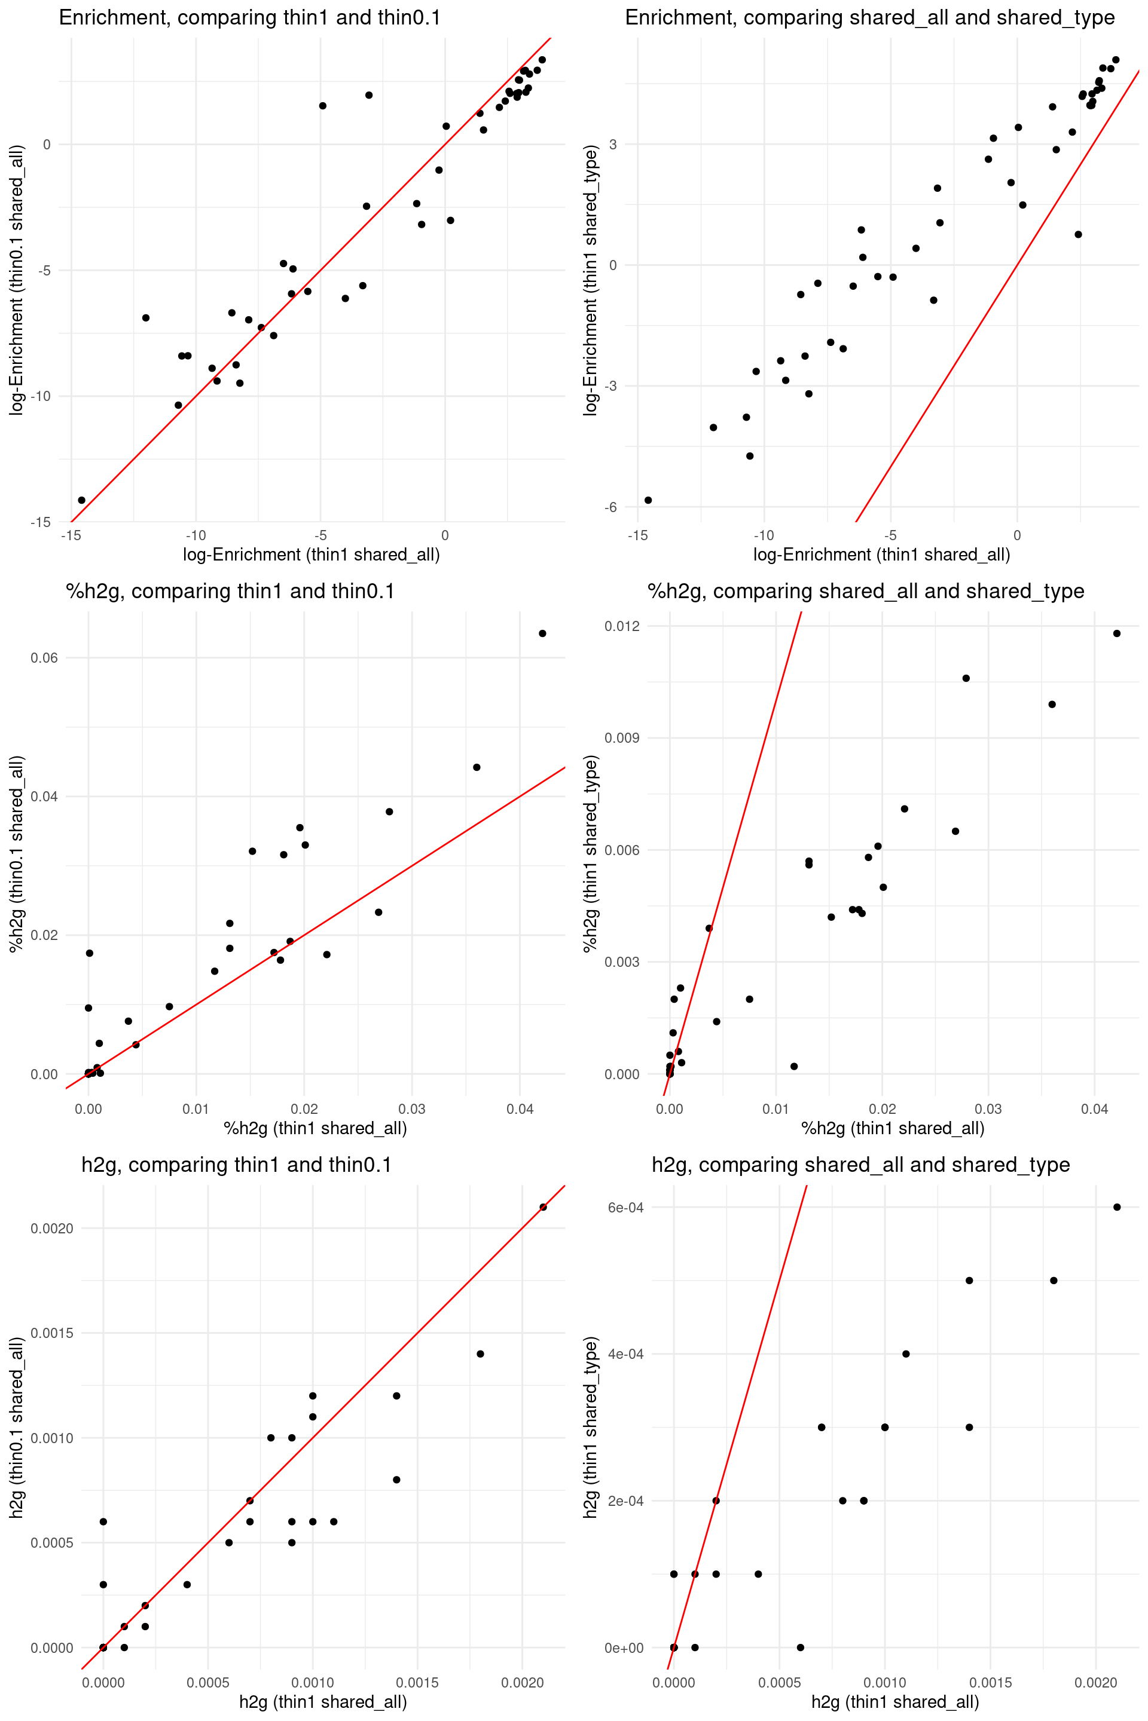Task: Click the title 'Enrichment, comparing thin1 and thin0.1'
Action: pos(250,17)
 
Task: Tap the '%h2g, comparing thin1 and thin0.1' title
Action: pos(230,591)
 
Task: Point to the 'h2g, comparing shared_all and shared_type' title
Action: pos(860,1165)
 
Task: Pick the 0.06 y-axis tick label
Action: pos(44,658)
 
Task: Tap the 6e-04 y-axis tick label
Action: pos(625,1207)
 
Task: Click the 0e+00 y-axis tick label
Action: pos(624,1648)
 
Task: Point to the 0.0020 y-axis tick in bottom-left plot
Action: pos(52,1229)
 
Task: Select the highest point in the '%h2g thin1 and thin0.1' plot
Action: pos(542,633)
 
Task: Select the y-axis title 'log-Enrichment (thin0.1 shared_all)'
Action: pos(17,280)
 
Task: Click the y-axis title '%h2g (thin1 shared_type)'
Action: pos(591,853)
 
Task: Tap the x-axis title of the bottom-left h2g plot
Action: pos(323,1702)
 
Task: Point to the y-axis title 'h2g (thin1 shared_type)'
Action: pos(591,1427)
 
